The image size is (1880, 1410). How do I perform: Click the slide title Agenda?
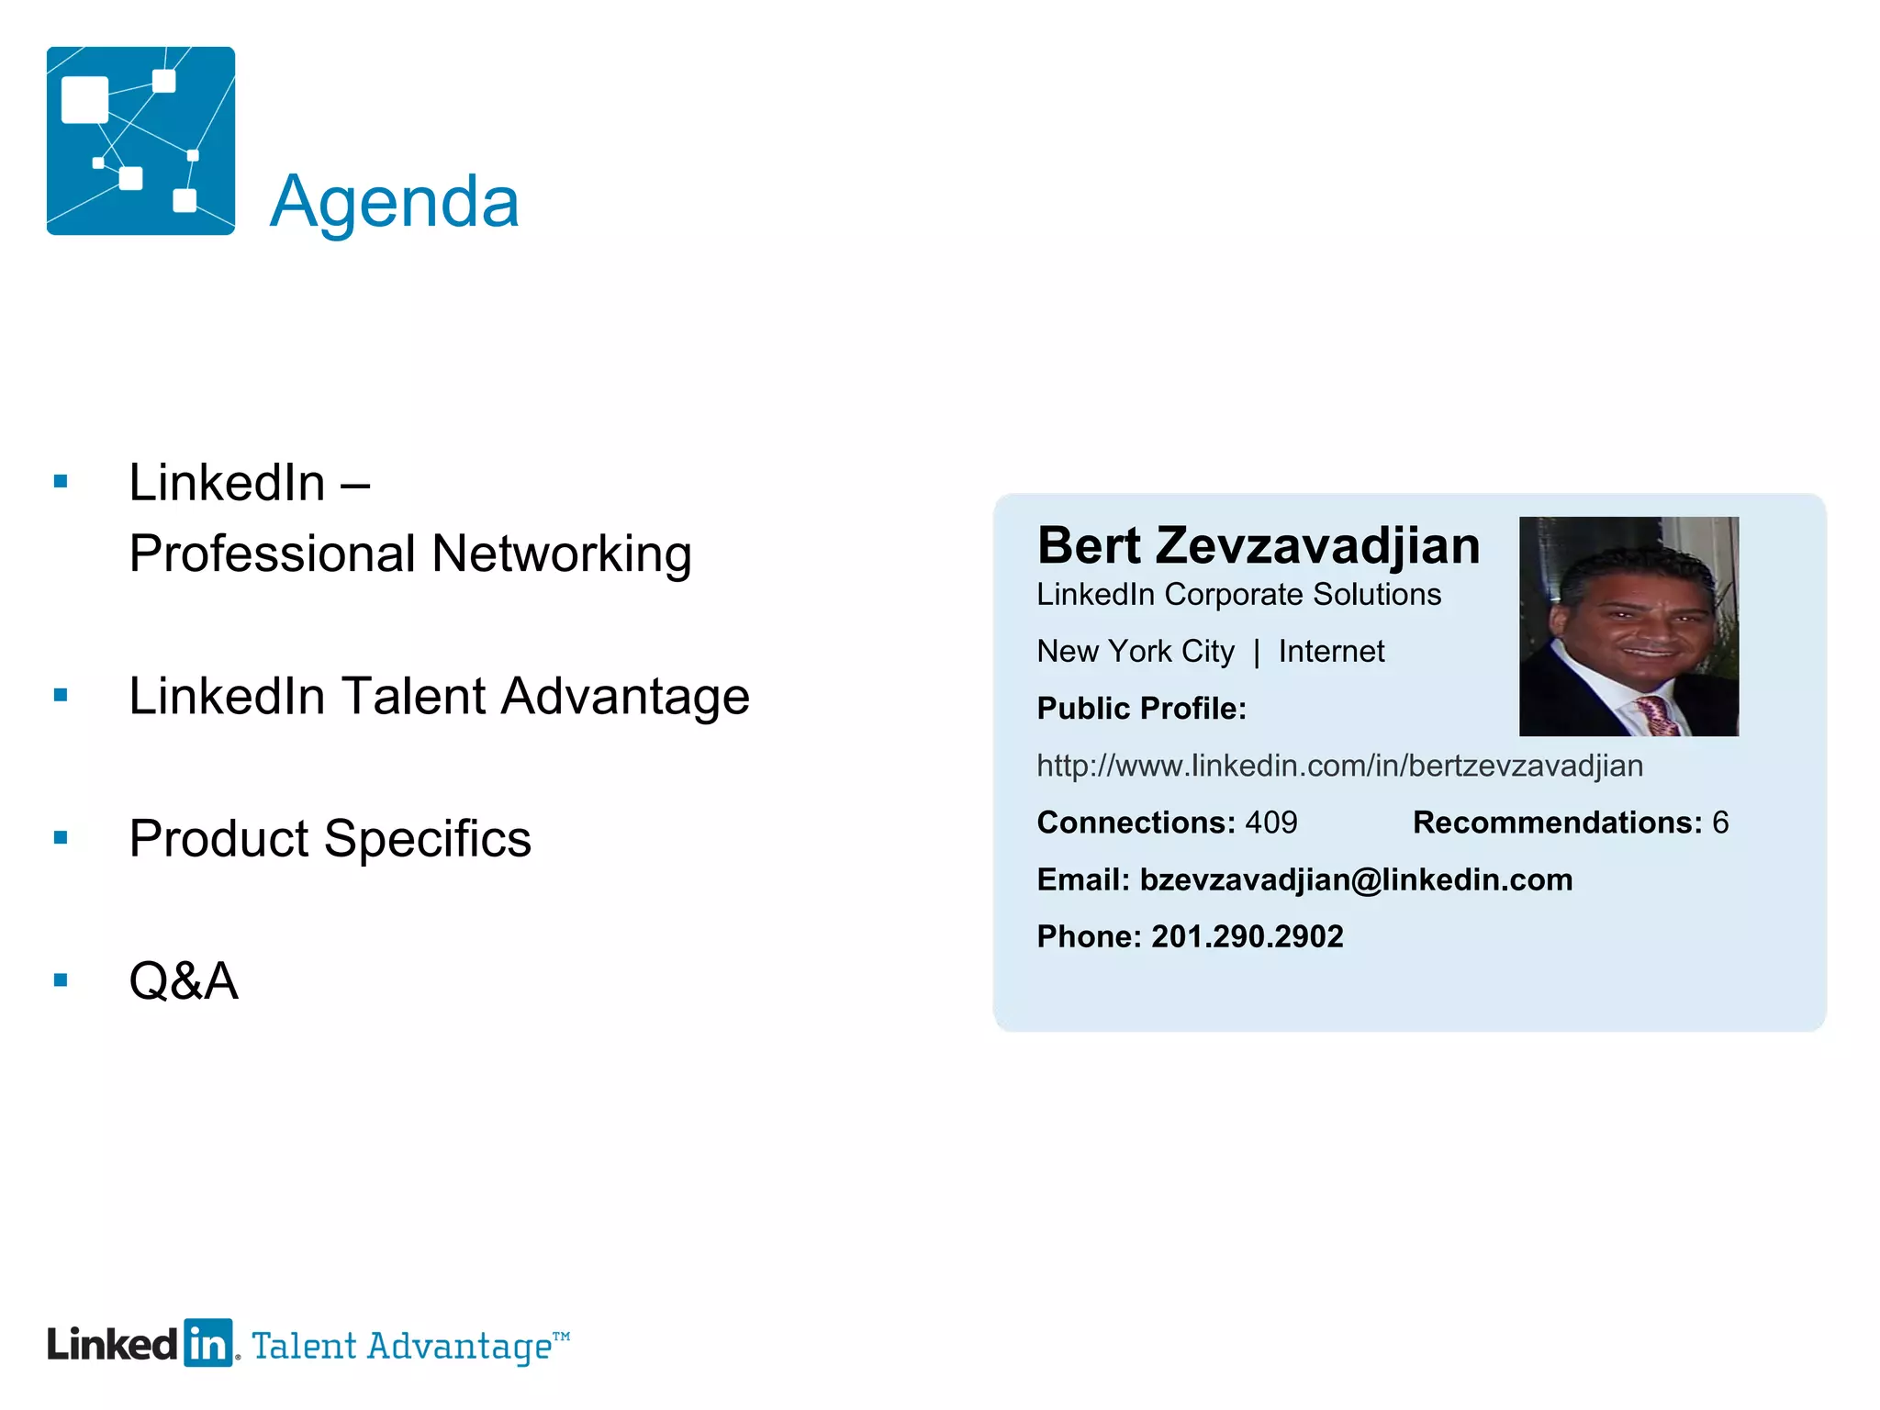tap(395, 202)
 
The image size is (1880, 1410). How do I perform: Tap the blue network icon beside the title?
tap(140, 140)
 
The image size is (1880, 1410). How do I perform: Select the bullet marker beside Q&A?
tap(62, 980)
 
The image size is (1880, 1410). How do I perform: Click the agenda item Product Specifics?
tap(330, 838)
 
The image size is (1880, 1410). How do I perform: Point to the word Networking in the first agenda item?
tap(561, 554)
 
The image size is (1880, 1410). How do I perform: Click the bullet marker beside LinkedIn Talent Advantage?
tap(62, 696)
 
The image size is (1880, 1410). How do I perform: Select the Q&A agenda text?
tap(184, 980)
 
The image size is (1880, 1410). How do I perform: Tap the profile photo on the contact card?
tap(1628, 626)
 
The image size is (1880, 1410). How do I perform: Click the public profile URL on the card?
tap(1339, 766)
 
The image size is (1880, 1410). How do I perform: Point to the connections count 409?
tap(1271, 822)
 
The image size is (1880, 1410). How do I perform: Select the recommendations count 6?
tap(1720, 822)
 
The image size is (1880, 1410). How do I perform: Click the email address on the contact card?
tap(1356, 879)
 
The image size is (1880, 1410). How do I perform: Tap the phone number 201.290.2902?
tap(1247, 936)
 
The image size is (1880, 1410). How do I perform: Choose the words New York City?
tap(1136, 652)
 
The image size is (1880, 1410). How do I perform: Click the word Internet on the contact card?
tap(1331, 652)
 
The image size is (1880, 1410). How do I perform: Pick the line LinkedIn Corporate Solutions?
tap(1238, 595)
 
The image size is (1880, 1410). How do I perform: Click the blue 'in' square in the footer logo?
tap(208, 1344)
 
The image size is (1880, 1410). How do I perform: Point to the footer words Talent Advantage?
tap(402, 1347)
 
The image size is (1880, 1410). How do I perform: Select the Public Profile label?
tap(1141, 709)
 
